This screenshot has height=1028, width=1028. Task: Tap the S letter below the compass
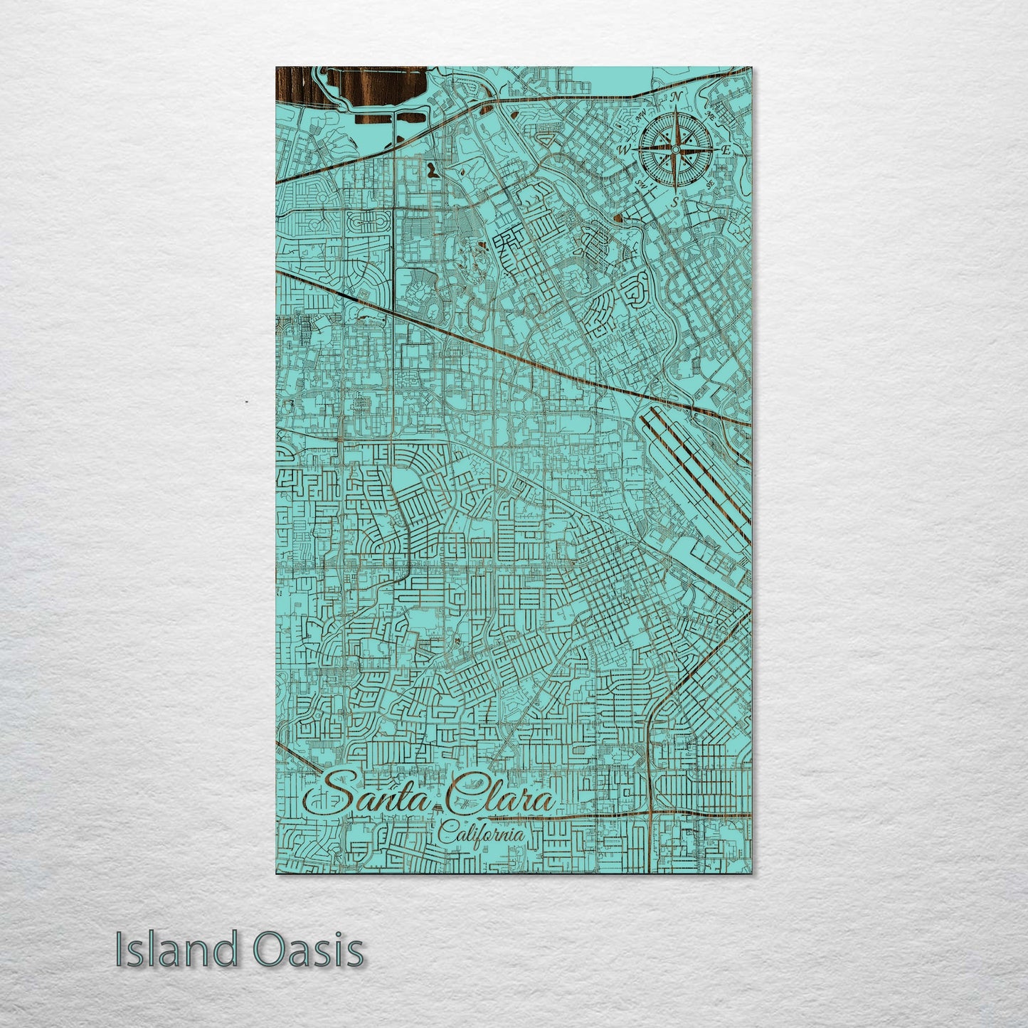(674, 201)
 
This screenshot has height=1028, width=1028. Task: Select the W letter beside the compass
(624, 149)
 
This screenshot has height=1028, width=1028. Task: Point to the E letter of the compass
(726, 149)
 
